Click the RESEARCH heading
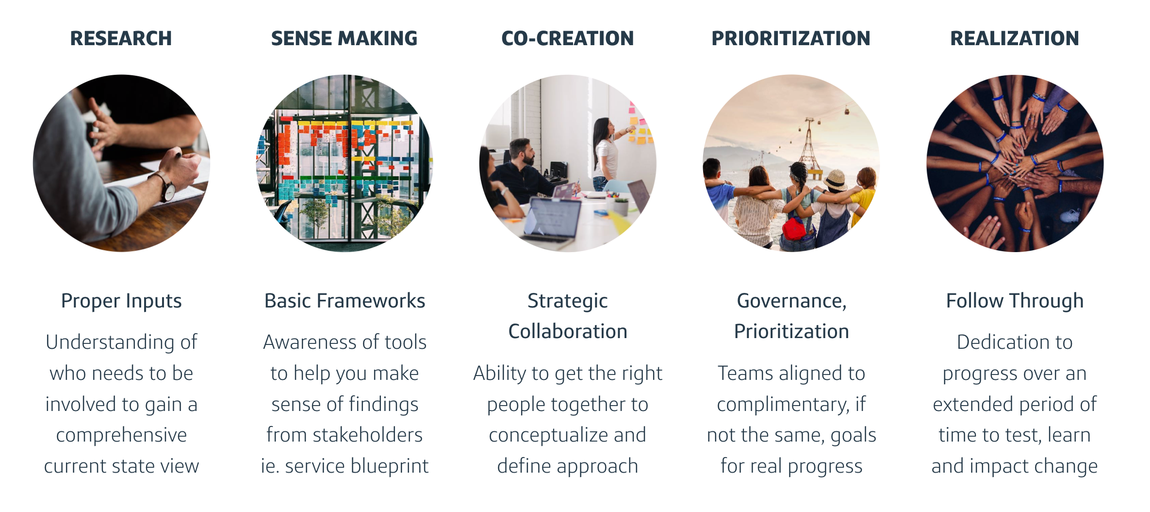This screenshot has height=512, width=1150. (x=121, y=38)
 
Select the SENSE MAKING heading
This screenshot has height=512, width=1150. (x=344, y=38)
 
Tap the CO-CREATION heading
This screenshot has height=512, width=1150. (x=567, y=38)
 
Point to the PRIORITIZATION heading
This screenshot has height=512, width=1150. (x=791, y=38)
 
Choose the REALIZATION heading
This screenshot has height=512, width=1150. (x=1015, y=38)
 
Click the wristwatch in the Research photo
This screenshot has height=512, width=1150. (x=166, y=187)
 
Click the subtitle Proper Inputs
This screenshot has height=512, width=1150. (x=121, y=301)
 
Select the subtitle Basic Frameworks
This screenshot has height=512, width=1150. (x=345, y=301)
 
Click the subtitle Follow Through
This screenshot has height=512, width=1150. (x=1015, y=301)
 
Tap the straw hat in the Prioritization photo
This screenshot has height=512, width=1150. (x=836, y=178)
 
